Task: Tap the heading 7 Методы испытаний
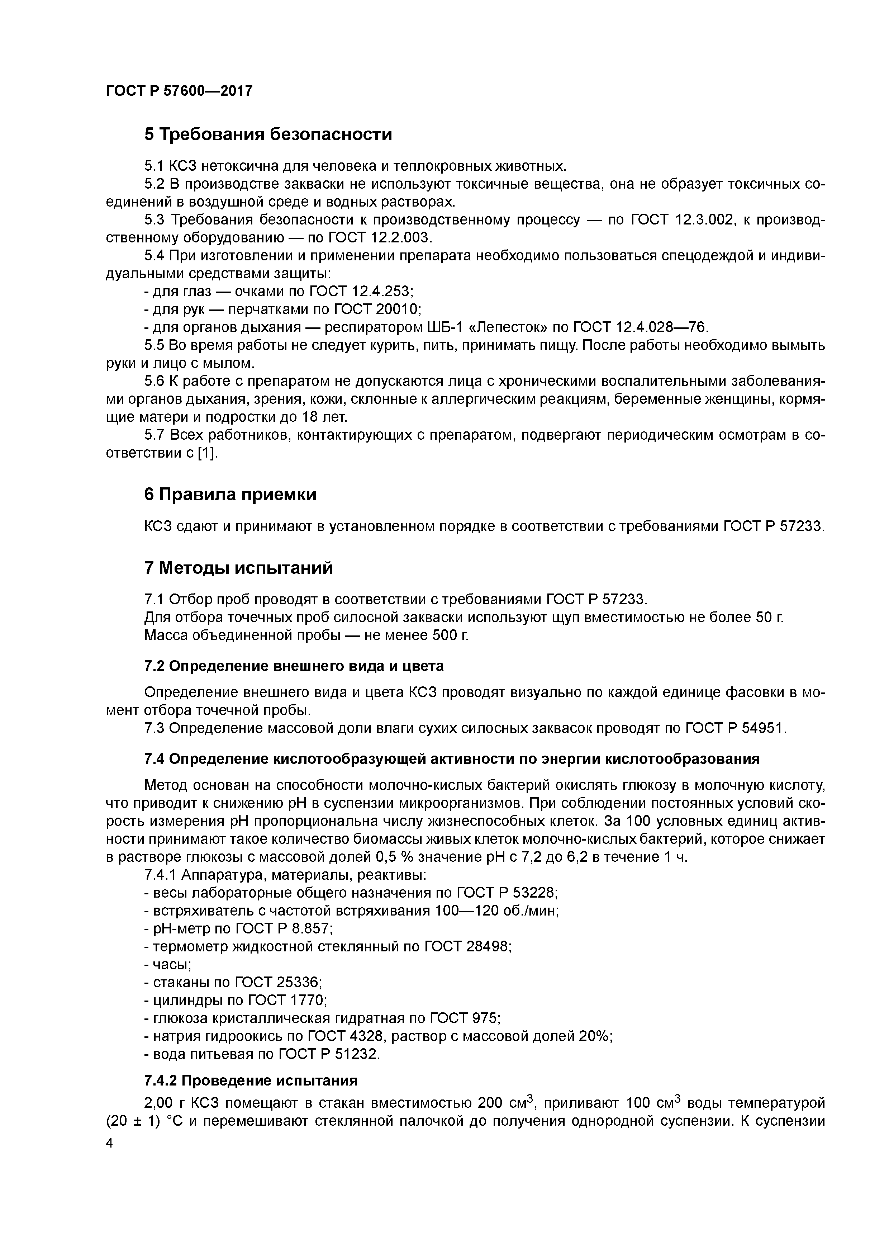click(238, 568)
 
